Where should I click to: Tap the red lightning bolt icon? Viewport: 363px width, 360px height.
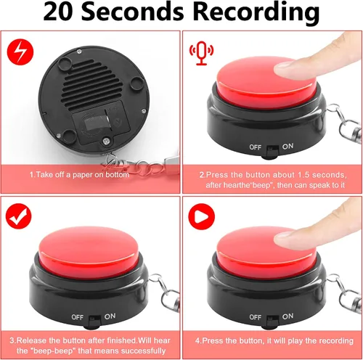coord(20,52)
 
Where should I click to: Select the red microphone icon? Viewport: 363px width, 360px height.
coord(201,53)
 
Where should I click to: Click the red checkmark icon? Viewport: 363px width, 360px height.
coord(19,216)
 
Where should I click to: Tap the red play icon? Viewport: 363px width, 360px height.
coord(202,216)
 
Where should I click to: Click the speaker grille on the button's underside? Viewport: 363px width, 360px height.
coord(92,85)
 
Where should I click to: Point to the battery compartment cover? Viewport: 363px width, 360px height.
coord(101,123)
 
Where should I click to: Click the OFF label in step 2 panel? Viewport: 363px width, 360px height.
coord(256,147)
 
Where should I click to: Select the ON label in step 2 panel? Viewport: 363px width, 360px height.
coord(287,146)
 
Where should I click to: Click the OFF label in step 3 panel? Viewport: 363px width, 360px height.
coord(78,317)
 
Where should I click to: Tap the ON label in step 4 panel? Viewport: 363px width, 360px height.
coord(287,316)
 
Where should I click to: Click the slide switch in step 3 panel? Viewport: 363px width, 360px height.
coord(94,321)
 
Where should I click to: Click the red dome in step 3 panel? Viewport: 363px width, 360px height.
coord(89,248)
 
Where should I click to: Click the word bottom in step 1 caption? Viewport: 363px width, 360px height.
coord(118,175)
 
